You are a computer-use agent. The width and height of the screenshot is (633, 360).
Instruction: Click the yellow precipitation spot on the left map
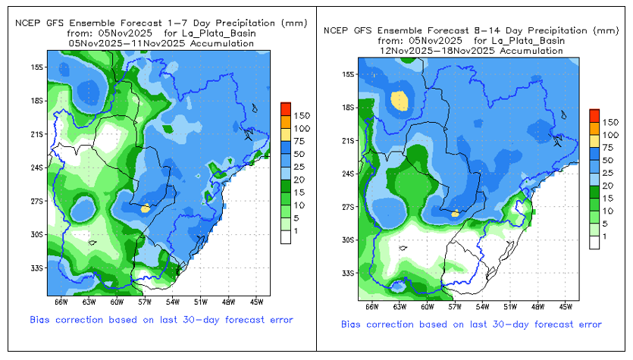[x=146, y=207]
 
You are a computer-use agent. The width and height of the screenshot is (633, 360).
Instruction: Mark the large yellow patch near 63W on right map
[x=400, y=99]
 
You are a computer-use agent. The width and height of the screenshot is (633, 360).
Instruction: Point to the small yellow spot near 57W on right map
[x=455, y=214]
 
